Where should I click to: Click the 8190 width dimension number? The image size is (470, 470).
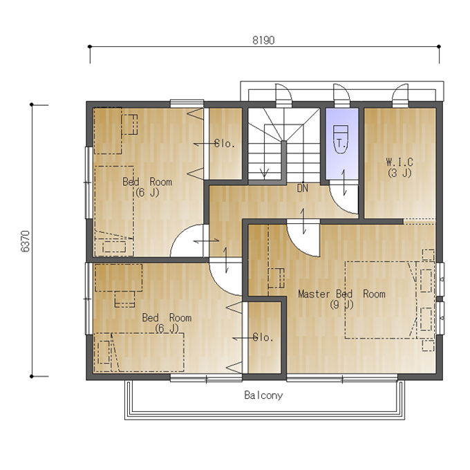point(263,40)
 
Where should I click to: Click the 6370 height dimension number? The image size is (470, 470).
point(26,241)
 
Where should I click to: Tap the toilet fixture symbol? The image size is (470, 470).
point(341,140)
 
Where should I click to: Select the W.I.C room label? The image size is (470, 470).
point(399,162)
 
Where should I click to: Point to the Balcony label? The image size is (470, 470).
point(263,395)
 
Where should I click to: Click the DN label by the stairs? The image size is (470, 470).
point(303,188)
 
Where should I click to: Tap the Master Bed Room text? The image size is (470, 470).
point(341,294)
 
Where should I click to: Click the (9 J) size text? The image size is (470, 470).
point(341,305)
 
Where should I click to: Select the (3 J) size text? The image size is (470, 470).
point(399,173)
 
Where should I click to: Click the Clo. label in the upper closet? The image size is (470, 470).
point(225,144)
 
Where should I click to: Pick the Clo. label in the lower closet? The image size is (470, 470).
point(263,337)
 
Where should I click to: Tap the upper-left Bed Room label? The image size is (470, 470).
point(147,182)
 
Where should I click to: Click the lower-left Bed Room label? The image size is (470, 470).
point(167,317)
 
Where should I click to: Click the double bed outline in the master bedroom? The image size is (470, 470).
point(381,301)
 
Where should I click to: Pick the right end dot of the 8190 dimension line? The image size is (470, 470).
point(439,46)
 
